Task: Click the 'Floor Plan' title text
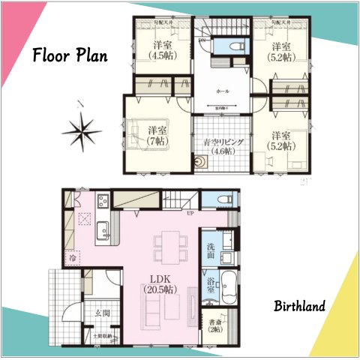pos(70,56)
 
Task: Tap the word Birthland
pos(298,306)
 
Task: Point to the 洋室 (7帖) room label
pos(156,134)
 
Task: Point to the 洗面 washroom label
pos(211,250)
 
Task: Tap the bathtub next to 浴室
pos(228,285)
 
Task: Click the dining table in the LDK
pos(169,247)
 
